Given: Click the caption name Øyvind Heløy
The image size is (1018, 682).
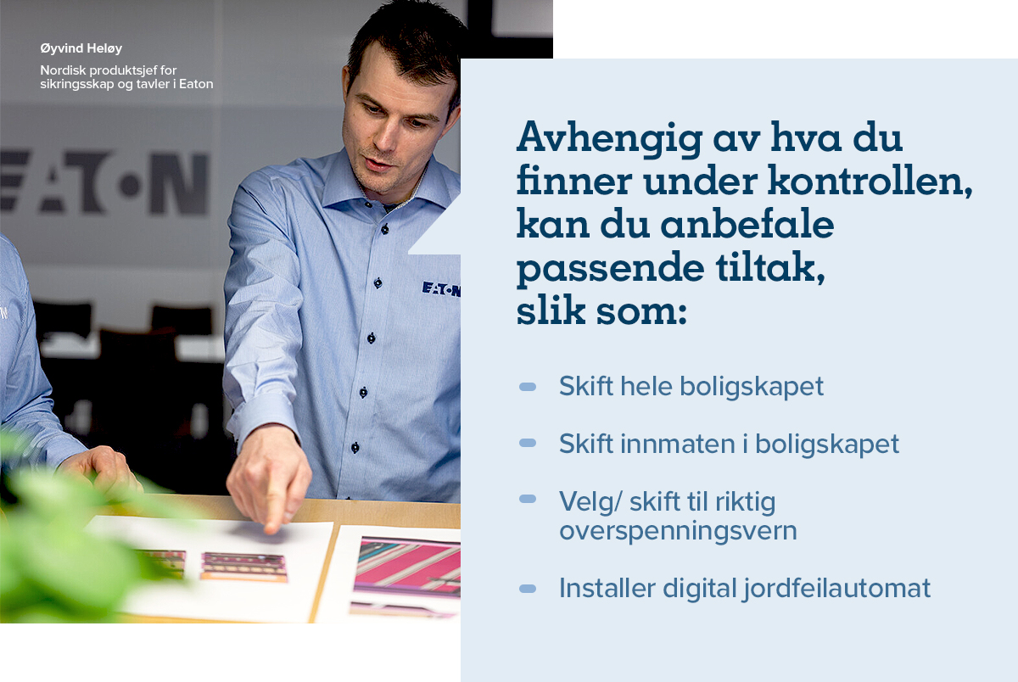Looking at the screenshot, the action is [x=81, y=48].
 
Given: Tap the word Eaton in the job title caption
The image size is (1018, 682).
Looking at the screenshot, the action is [x=196, y=84].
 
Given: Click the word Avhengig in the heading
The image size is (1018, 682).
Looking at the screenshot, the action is [x=609, y=138].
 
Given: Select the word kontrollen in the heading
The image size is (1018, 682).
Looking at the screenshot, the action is [x=870, y=181].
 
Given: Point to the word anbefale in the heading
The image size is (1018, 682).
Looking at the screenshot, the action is [x=747, y=224].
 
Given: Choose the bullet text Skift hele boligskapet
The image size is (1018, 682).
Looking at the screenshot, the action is [x=691, y=386].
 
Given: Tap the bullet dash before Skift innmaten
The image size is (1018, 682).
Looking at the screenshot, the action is [x=528, y=443].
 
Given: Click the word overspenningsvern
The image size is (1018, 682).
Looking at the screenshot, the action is [x=678, y=531].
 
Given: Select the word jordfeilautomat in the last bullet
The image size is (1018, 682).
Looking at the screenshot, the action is [x=837, y=589].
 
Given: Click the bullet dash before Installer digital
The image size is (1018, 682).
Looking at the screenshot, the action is [x=528, y=589].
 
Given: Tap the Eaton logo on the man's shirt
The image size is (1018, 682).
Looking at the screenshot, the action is [x=441, y=289].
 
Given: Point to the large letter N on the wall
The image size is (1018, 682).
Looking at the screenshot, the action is [x=180, y=183].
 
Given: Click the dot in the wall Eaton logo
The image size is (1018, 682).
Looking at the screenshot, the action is [x=130, y=186].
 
